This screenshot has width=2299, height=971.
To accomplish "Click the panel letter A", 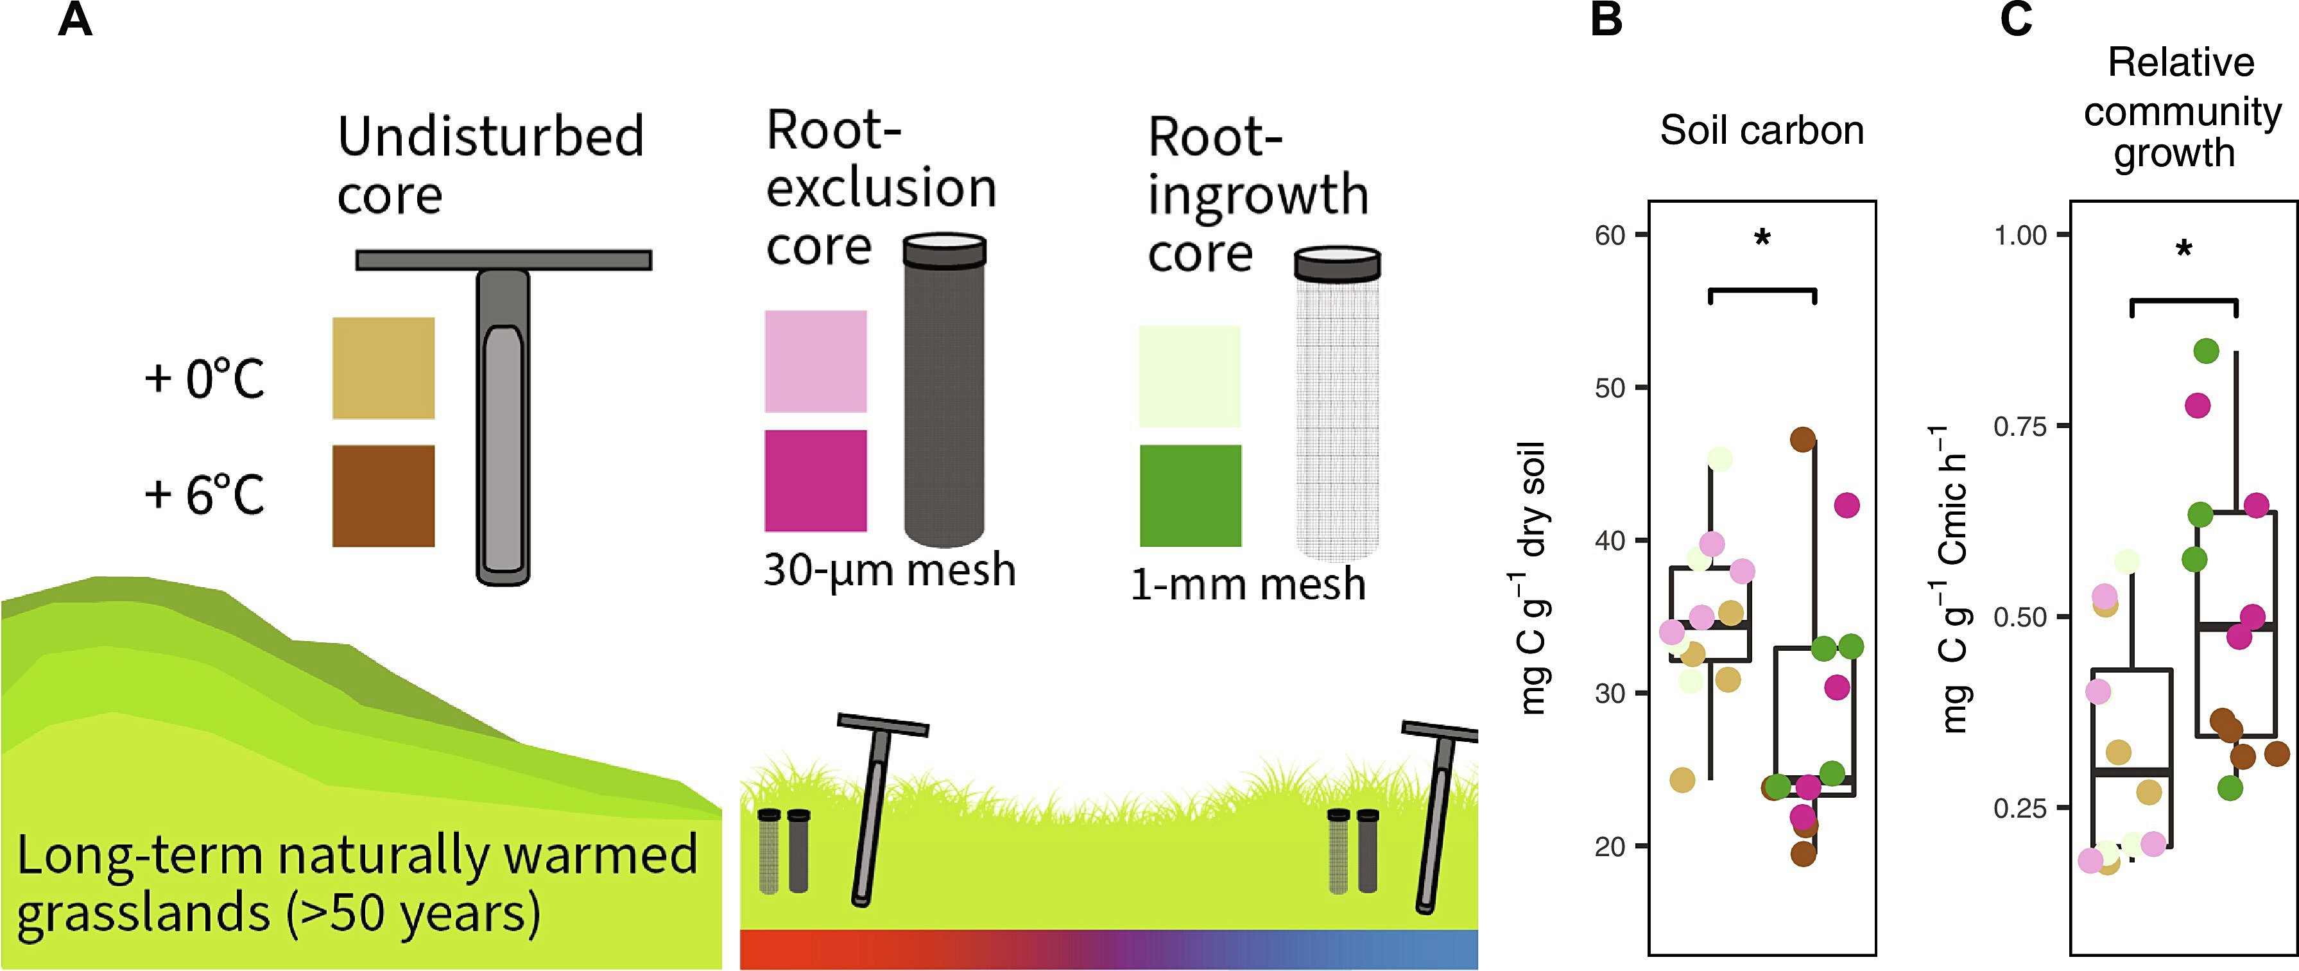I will point(75,20).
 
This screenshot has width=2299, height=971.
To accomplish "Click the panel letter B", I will point(1606,20).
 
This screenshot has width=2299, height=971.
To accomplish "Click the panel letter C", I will point(2016,20).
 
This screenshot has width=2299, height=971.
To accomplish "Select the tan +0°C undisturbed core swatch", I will point(384,368).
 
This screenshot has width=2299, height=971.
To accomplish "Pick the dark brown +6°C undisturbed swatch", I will point(384,496).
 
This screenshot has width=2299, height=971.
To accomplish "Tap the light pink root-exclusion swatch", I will point(816,361).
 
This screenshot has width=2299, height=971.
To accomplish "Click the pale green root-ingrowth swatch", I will point(1190,375).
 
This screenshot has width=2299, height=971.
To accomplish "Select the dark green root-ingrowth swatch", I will point(1191,495).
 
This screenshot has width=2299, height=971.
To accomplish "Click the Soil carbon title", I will point(1762,131).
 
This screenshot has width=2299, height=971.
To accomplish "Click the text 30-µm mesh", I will point(890,569).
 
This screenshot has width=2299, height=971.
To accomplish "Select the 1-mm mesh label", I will point(1248,585).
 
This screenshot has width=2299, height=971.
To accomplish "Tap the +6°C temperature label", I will point(204,494).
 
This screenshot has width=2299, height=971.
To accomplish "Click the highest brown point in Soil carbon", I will point(1803,439).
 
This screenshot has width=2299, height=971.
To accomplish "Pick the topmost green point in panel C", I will point(2205,352).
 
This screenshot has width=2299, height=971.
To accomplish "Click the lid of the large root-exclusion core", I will point(944,250).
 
